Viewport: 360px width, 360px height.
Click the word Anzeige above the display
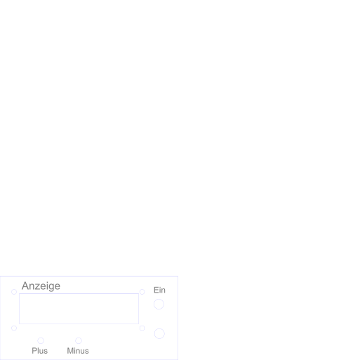coord(41,286)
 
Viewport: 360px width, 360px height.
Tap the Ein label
coord(159,290)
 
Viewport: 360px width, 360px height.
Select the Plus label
coord(40,351)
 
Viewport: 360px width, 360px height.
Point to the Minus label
coord(78,351)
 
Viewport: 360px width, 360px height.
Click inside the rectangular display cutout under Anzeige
coord(79,309)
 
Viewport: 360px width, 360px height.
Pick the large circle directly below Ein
coord(159,299)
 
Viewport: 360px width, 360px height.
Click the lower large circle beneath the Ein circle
coord(159,328)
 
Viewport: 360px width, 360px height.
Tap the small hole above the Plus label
coord(41,338)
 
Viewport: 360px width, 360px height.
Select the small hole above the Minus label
coord(79,338)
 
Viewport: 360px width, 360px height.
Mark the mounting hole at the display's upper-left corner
coord(14,289)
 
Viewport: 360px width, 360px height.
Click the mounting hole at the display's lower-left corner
coord(14,326)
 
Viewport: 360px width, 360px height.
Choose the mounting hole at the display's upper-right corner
coord(142,289)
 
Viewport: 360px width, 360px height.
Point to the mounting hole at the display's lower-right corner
coord(142,326)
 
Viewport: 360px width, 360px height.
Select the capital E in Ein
coord(156,290)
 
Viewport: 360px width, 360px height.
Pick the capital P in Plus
coord(34,351)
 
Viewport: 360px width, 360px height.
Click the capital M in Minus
coord(70,351)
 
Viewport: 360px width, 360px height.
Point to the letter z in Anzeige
coord(39,287)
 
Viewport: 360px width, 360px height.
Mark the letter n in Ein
coord(164,291)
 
